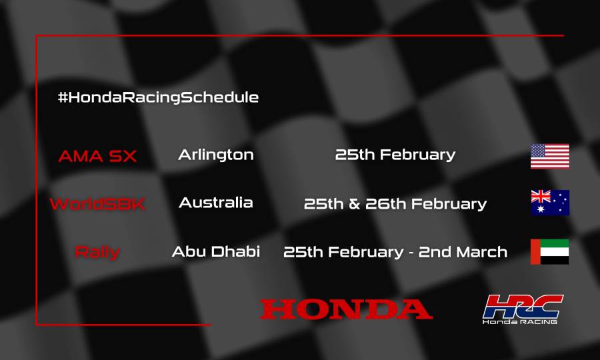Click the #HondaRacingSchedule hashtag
click(158, 97)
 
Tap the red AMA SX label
click(97, 157)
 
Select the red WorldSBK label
click(97, 204)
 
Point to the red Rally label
click(97, 253)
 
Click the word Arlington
click(216, 155)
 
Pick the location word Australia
click(216, 203)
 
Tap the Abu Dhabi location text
click(216, 252)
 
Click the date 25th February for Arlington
click(395, 155)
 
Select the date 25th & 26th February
click(395, 203)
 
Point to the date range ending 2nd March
click(395, 252)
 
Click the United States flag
click(550, 156)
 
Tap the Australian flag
click(550, 203)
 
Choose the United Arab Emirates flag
click(550, 251)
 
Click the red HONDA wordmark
click(346, 309)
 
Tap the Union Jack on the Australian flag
click(541, 196)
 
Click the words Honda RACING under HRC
click(521, 321)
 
